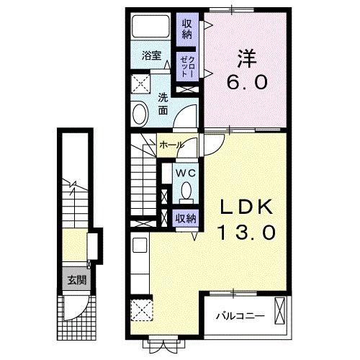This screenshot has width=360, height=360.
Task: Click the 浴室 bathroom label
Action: tap(150, 55)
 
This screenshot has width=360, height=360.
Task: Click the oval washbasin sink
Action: tap(140, 113)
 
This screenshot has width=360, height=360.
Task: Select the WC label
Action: tap(185, 173)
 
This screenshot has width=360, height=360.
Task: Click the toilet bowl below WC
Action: tap(186, 192)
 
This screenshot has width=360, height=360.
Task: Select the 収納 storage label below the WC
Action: tap(185, 218)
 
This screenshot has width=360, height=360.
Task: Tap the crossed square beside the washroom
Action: tap(140, 81)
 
